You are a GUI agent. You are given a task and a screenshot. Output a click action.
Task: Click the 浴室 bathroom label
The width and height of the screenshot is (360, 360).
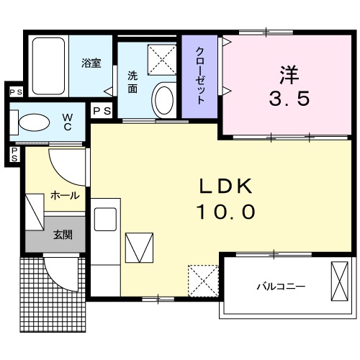(x=91, y=63)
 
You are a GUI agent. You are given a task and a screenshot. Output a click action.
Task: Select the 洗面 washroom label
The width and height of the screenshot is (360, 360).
(x=133, y=81)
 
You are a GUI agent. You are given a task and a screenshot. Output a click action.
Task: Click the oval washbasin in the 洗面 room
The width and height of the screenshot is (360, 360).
(x=164, y=99)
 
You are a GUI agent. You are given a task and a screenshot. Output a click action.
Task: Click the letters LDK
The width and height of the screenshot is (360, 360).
(x=226, y=186)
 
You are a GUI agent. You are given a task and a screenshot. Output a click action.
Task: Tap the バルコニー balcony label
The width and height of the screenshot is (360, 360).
(x=281, y=287)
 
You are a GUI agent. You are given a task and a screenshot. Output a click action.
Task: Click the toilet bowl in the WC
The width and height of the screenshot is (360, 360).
(x=32, y=124)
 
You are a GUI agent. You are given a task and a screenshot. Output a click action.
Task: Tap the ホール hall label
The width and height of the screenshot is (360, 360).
(x=64, y=195)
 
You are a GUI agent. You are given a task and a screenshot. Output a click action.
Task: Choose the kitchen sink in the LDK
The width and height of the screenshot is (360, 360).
(x=106, y=217)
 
